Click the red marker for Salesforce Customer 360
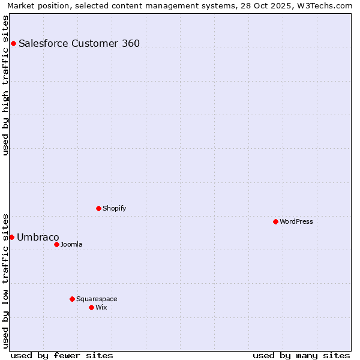pos(13,43)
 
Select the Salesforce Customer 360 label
pos(79,43)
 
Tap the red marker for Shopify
pos(98,208)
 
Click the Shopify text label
pos(114,208)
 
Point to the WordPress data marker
pos(275,221)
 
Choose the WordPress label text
pos(296,221)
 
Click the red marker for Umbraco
pos(11,237)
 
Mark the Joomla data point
pos(56,244)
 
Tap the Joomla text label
pos(71,244)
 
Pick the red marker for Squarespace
pos(72,299)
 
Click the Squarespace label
pos(97,299)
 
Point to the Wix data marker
pos(91,307)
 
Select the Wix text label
pos(101,307)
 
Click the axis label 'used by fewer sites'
pos(62,355)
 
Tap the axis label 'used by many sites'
pos(301,355)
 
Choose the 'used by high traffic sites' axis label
pos(5,85)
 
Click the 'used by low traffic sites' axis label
pos(5,280)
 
